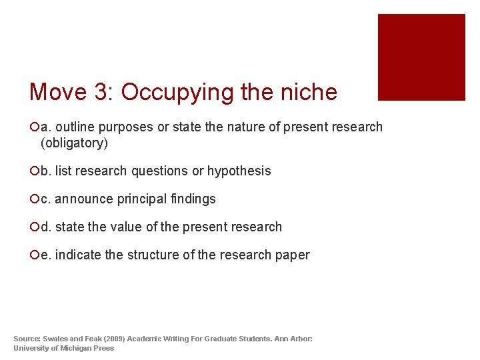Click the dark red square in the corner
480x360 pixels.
click(x=421, y=57)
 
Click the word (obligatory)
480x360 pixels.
click(x=74, y=143)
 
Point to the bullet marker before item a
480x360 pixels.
click(x=34, y=127)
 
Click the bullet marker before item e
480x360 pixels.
click(x=34, y=255)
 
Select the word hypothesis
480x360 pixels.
click(x=239, y=171)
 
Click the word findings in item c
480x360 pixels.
click(x=193, y=199)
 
